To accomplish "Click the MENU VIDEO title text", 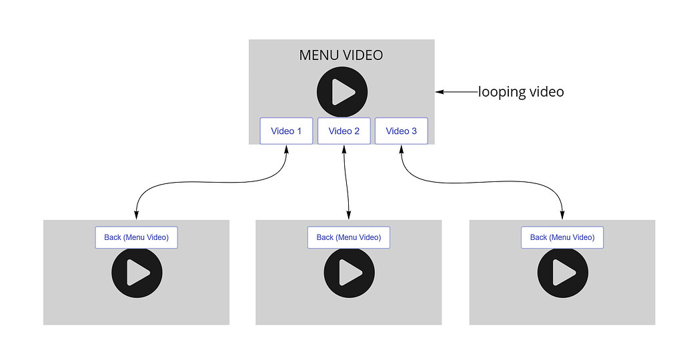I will click(341, 55).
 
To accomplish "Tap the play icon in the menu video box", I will click(342, 92).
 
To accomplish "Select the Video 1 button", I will click(286, 131).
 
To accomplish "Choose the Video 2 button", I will click(344, 131).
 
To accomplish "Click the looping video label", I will click(521, 92).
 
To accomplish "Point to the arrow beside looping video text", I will click(457, 92).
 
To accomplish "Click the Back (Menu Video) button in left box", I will click(136, 237).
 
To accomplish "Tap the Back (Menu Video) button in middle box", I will click(348, 237).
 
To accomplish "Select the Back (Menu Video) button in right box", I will click(562, 237).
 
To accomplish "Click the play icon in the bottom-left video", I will click(137, 273).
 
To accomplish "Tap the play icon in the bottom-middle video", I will click(349, 273).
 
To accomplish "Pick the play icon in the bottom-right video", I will click(563, 273).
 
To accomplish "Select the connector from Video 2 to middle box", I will click(346, 181).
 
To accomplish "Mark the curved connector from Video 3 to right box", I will click(480, 181).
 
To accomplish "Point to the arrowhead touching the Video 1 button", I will click(287, 149).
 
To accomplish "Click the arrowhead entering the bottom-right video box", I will click(562, 215).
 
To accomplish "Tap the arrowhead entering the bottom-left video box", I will click(136, 215).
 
